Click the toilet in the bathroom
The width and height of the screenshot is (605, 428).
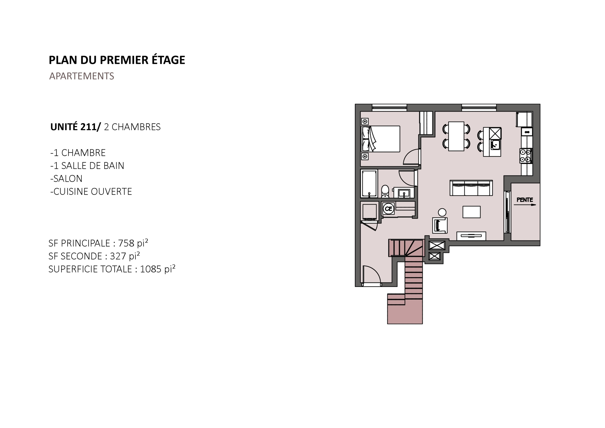point(385,191)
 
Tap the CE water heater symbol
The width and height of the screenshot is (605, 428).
point(388,209)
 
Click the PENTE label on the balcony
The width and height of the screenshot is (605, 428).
point(525,200)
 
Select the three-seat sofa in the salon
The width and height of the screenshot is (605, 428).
point(471,188)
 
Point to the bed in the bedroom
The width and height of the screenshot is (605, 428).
point(380,139)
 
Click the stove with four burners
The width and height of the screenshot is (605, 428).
point(526,156)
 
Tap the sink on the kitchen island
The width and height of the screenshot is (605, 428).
point(495,144)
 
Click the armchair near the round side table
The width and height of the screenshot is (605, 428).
point(440,225)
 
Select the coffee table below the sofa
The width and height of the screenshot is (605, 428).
point(471,212)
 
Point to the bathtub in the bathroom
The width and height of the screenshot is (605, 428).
point(369,184)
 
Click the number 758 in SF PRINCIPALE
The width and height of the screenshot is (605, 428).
point(126,243)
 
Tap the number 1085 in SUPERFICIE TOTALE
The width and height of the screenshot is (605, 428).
point(151,269)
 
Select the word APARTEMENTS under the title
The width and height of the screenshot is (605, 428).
point(82,76)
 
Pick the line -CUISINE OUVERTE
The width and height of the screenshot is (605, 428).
point(91,192)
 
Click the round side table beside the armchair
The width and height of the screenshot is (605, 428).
point(442,212)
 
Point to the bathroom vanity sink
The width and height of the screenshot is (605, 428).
point(404,193)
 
